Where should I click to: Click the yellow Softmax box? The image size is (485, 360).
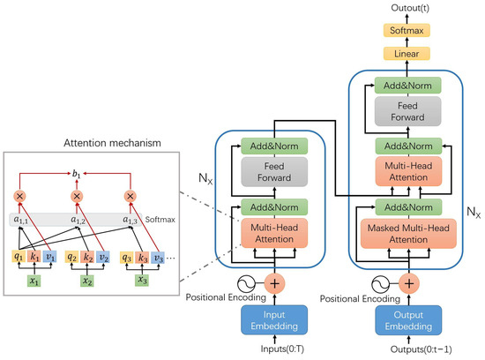click(x=407, y=30)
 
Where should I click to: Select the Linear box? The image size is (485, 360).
click(x=407, y=54)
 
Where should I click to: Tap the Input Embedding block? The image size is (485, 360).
click(x=274, y=320)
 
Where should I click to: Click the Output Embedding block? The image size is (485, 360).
click(x=408, y=320)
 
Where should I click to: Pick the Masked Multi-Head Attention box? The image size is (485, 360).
click(x=408, y=234)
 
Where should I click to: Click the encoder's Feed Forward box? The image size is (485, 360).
click(x=274, y=172)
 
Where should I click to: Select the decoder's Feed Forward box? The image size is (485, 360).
click(x=407, y=111)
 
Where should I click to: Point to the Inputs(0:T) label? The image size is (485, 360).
click(x=282, y=349)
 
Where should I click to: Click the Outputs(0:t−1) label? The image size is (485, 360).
click(x=421, y=349)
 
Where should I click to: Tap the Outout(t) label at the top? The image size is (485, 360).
click(x=410, y=8)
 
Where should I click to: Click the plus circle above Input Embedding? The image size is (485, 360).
click(x=274, y=283)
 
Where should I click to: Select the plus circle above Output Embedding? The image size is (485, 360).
click(x=409, y=283)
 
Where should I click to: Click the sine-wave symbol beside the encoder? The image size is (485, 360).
click(x=247, y=284)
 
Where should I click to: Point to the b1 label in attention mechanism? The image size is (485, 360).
click(x=76, y=174)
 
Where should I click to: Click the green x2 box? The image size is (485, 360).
click(x=87, y=281)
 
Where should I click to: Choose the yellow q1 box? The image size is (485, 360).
click(x=19, y=257)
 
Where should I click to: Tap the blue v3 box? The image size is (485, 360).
click(x=158, y=258)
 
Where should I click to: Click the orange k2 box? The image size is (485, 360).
click(x=87, y=258)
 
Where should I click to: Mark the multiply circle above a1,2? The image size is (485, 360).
click(x=77, y=196)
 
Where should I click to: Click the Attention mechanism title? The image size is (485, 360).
click(x=112, y=143)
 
